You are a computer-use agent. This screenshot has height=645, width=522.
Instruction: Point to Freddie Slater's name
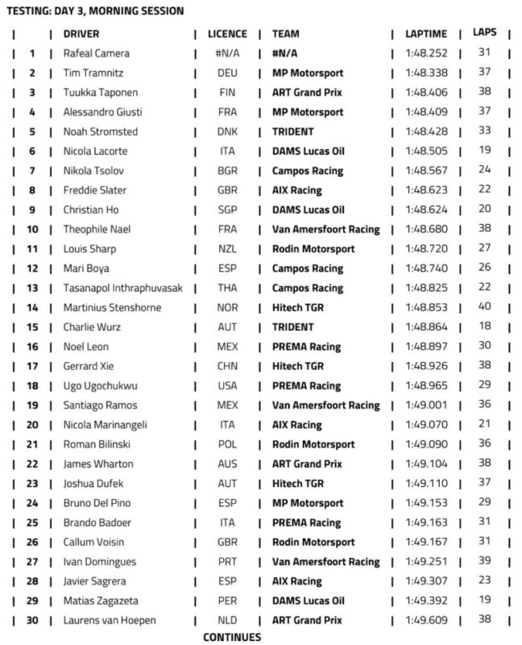tap(94, 190)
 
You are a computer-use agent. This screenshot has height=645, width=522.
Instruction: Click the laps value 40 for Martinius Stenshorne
tap(484, 307)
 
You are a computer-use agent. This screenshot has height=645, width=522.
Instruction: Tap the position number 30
tap(32, 621)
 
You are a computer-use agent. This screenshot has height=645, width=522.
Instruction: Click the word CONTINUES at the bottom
tap(232, 637)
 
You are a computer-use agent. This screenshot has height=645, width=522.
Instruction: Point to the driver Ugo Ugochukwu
tap(101, 385)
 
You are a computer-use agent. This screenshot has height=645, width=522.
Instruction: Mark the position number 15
tap(32, 327)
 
